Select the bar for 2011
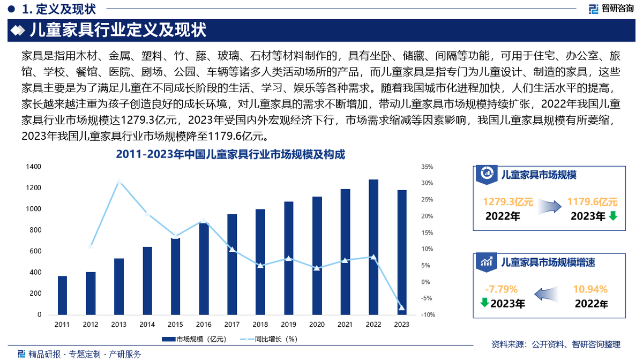tap(62, 295)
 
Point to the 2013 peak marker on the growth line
tap(119, 181)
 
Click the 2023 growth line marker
tap(402, 307)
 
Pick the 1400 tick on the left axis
tap(33, 167)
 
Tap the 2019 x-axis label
tap(288, 325)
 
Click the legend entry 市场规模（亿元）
tap(196, 339)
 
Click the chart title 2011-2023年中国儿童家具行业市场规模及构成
tap(230, 155)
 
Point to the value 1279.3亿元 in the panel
tap(508, 202)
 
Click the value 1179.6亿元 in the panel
tap(593, 202)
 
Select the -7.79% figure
tap(501, 290)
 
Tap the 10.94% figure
tap(590, 290)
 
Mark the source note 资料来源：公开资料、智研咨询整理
tap(556, 344)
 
